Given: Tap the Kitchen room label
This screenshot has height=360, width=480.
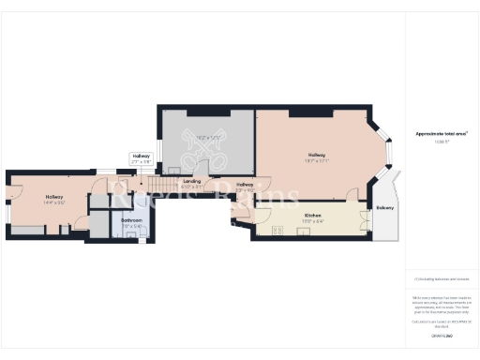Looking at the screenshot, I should (313, 216).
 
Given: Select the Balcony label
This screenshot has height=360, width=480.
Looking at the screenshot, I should (384, 207).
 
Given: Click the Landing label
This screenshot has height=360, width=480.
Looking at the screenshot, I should (191, 180).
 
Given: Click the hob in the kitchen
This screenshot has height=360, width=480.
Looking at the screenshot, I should (277, 231).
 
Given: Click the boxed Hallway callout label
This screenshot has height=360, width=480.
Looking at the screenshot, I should (141, 157).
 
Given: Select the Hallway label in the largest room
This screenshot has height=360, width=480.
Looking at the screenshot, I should (317, 156).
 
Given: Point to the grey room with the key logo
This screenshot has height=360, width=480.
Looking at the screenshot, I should (206, 141).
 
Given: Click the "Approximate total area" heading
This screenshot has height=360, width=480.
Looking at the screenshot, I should (442, 134).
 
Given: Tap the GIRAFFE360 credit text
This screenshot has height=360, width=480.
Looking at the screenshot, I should (442, 334).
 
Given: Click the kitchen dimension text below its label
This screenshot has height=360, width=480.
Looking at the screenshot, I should (313, 222).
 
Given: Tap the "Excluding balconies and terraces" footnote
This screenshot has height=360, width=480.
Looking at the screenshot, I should (442, 278).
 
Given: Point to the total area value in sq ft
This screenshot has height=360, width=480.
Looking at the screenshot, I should (442, 142).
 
